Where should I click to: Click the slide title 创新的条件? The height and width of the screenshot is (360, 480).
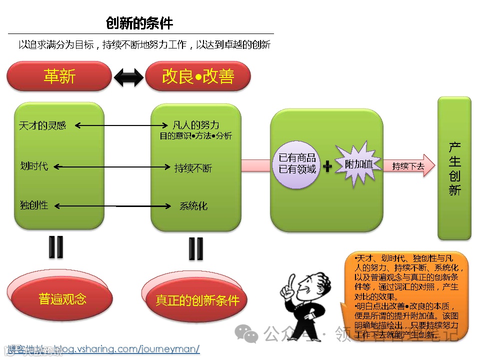click(x=139, y=23)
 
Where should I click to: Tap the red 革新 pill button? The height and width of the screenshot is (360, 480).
click(x=59, y=76)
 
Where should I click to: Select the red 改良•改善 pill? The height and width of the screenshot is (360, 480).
click(x=198, y=76)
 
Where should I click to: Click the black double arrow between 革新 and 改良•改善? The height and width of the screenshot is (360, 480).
click(x=128, y=76)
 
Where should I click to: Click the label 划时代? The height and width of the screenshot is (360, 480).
click(x=34, y=166)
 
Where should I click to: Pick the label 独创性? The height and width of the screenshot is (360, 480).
click(x=34, y=205)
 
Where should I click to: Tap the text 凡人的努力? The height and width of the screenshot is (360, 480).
click(x=195, y=125)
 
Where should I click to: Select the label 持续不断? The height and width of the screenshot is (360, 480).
click(x=193, y=168)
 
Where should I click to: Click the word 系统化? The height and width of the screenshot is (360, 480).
click(x=193, y=205)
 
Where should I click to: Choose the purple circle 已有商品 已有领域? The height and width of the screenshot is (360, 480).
click(x=297, y=163)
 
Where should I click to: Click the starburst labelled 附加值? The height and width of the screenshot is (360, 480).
click(x=358, y=163)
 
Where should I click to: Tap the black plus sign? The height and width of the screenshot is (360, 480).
click(x=327, y=166)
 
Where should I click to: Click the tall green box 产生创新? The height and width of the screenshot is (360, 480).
click(x=454, y=168)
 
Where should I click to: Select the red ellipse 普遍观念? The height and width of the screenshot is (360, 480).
click(x=62, y=299)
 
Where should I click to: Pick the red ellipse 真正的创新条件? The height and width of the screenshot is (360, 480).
click(x=197, y=300)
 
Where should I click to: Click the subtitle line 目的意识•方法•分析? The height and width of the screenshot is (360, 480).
click(x=195, y=136)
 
